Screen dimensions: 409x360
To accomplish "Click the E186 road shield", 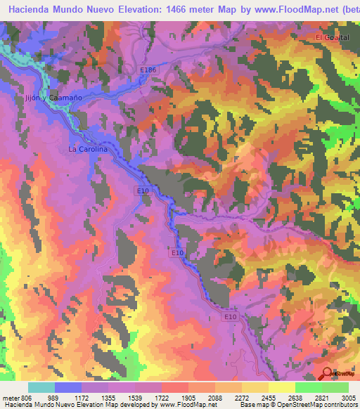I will (147, 70).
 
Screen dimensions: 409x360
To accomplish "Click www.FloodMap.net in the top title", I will (289, 9).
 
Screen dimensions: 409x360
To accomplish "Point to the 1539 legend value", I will (134, 398).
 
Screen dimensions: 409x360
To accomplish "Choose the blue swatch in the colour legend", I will (67, 387).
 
